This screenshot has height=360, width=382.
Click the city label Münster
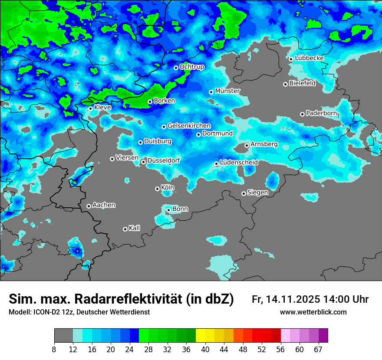(x=227, y=91)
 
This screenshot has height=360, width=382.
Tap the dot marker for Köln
(x=157, y=189)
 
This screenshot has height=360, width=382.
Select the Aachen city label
(x=104, y=205)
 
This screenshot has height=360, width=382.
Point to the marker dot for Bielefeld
(x=285, y=84)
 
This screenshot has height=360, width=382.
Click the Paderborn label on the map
(x=322, y=114)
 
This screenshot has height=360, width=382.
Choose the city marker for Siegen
(x=244, y=193)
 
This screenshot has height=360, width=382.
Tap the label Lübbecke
(x=310, y=58)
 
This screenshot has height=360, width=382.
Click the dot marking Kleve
(x=90, y=108)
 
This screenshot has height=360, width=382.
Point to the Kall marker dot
(x=125, y=229)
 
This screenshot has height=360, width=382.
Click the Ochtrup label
(x=192, y=67)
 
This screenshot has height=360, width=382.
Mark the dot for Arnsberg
(x=247, y=145)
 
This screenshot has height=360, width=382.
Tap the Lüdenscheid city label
(x=239, y=163)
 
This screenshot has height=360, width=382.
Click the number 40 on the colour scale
(x=205, y=349)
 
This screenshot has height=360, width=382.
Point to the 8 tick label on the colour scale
(x=54, y=349)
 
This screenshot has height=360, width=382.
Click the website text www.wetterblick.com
(x=313, y=312)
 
